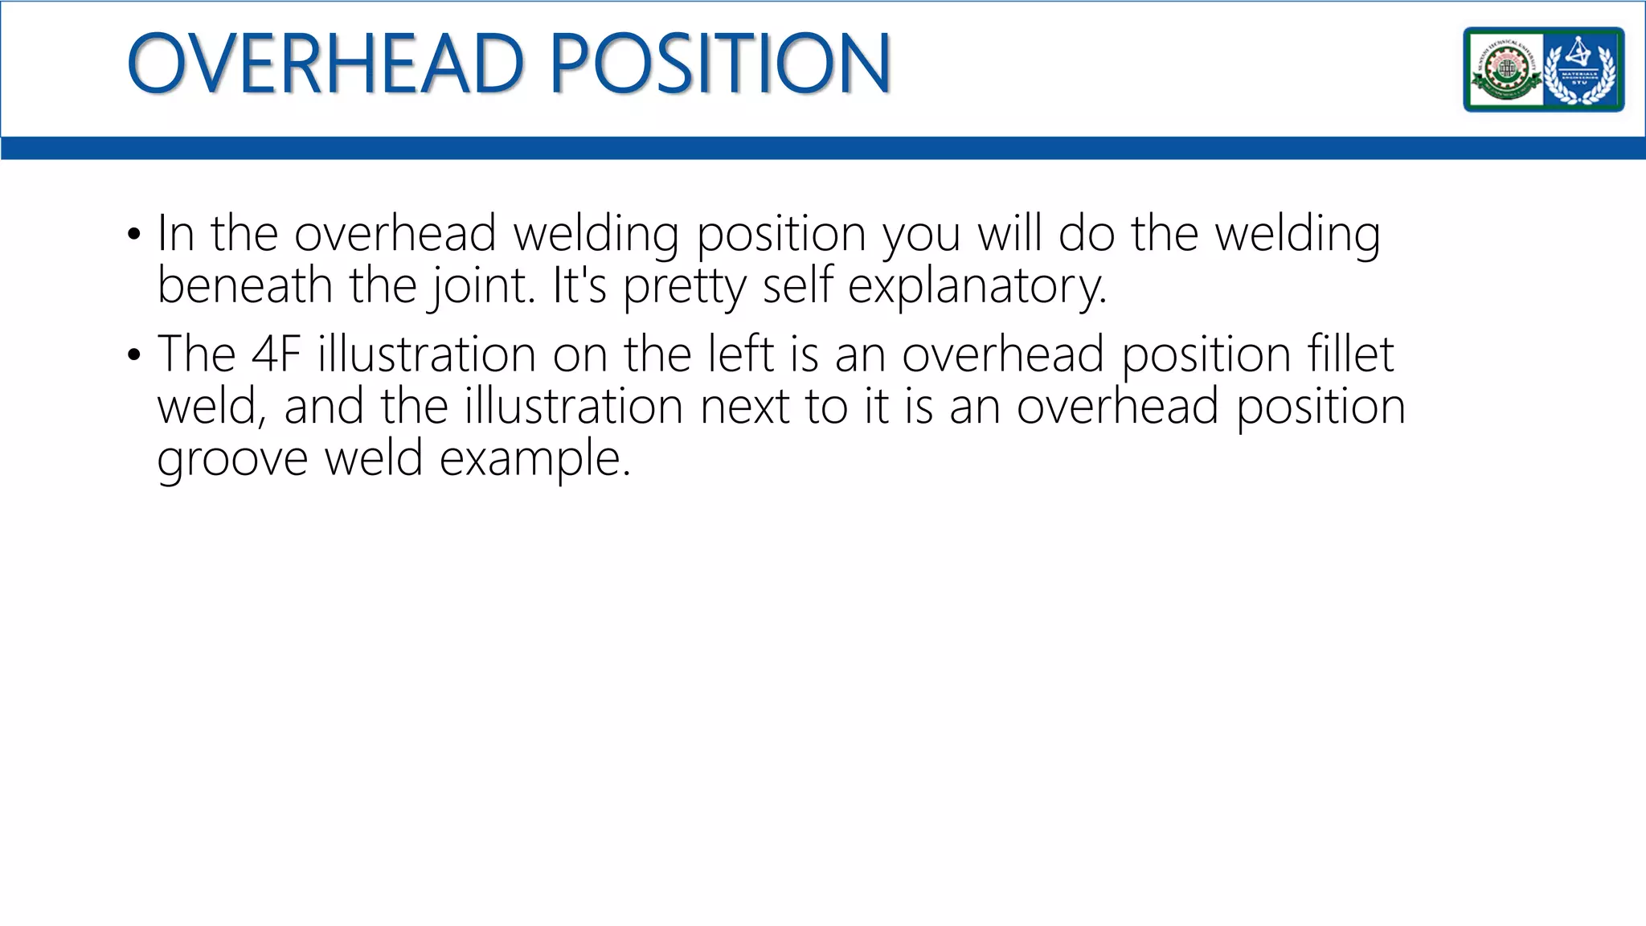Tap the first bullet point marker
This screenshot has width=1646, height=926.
[133, 236]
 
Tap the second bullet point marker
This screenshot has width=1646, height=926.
[133, 354]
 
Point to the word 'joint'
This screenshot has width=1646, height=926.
[481, 287]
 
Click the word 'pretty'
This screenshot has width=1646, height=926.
[684, 287]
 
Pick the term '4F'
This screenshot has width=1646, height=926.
[276, 354]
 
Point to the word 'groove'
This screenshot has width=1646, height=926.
[232, 460]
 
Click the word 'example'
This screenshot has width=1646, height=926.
[534, 460]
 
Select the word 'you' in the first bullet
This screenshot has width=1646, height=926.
[921, 236]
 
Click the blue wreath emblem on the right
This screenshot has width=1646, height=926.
[1581, 70]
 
